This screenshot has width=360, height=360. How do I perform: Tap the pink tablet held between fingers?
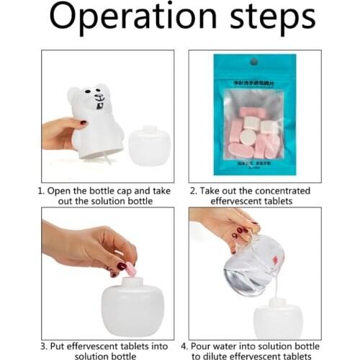point(131,271)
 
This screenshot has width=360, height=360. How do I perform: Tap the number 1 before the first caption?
point(40,192)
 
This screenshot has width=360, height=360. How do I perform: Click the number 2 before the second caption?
point(194,192)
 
